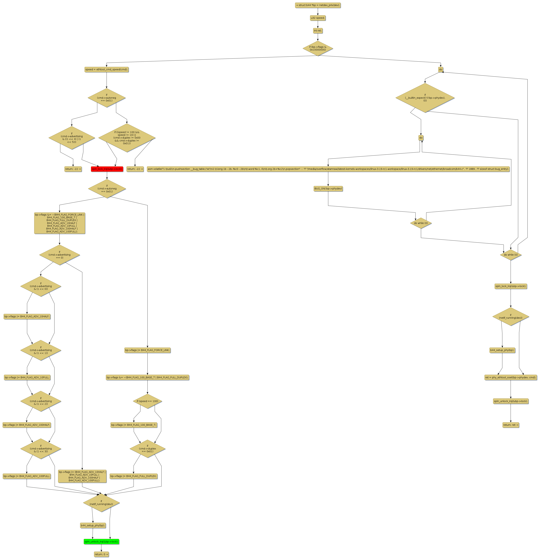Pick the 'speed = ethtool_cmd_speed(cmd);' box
[107, 69]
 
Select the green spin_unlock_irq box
[101, 541]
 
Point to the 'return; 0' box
[101, 554]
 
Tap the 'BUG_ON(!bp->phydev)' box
[328, 189]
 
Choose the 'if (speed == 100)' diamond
[147, 401]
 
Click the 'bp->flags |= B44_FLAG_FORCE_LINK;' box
[147, 350]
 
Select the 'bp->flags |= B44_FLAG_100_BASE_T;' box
[134, 425]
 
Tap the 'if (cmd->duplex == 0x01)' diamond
[147, 449]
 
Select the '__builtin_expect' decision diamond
[425, 98]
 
